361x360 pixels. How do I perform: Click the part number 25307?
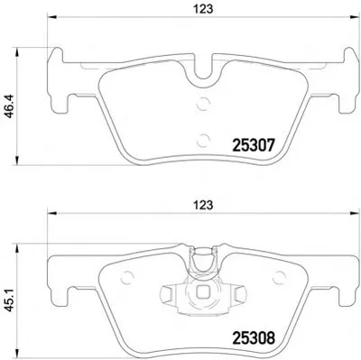[254, 145]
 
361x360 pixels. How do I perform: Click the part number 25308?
[254, 337]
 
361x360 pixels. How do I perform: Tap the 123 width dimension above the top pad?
[203, 9]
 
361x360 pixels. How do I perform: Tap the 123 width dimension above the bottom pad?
[203, 205]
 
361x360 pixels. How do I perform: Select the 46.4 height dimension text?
[9, 106]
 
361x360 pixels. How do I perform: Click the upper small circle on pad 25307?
[202, 104]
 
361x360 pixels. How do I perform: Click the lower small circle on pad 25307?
[202, 140]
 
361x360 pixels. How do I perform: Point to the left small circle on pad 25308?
[126, 277]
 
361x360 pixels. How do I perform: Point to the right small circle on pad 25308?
[279, 277]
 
